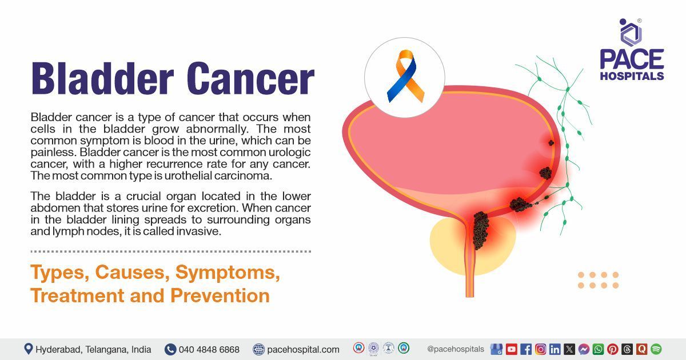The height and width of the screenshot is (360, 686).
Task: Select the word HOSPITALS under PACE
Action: point(632,75)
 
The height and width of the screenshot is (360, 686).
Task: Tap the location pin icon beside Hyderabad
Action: point(29,349)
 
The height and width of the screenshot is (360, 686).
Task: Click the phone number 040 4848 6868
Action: point(209,349)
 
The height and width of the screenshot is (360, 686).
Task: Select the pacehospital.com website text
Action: point(303,349)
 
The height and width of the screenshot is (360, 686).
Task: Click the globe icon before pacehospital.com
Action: point(258,349)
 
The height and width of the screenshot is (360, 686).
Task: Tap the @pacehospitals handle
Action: point(456,349)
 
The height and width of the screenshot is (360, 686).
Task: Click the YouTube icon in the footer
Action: point(511,349)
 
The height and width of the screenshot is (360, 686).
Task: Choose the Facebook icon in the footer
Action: point(526,349)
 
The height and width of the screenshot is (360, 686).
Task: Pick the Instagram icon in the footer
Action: point(540,349)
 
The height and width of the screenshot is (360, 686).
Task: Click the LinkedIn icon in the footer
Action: point(555,349)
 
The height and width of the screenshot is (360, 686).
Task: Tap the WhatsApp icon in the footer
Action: point(598,349)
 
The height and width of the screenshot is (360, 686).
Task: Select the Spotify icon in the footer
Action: point(656,349)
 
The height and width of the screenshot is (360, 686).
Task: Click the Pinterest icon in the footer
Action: point(612,349)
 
